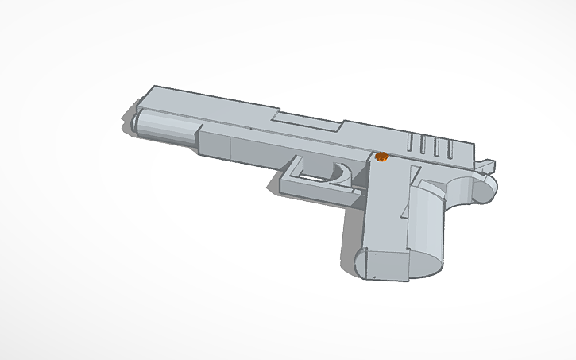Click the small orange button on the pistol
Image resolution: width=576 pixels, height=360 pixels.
point(381,157)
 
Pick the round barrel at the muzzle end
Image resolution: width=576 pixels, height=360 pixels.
point(163,129)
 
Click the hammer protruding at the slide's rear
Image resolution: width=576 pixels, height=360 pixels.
point(486,167)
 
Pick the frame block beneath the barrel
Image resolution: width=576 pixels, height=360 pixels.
point(238,147)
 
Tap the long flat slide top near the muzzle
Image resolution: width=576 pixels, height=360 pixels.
point(207,103)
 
